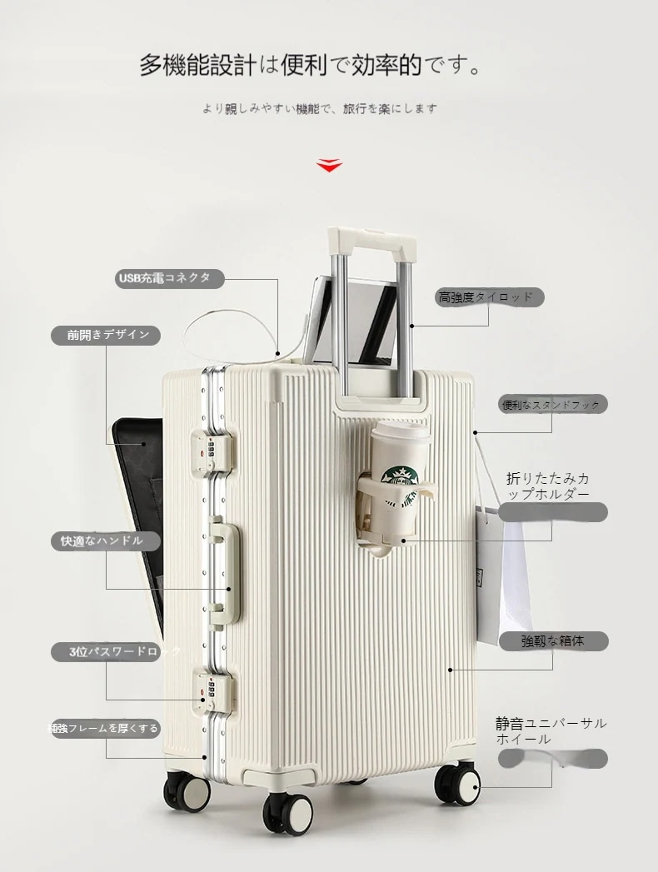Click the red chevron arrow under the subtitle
[329, 165]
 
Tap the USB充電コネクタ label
[169, 278]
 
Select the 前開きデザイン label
[107, 335]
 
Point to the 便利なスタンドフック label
[552, 405]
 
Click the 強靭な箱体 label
[552, 640]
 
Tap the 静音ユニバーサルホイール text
[551, 731]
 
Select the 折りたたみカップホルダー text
[549, 486]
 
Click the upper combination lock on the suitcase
[213, 451]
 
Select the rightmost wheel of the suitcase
[459, 783]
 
